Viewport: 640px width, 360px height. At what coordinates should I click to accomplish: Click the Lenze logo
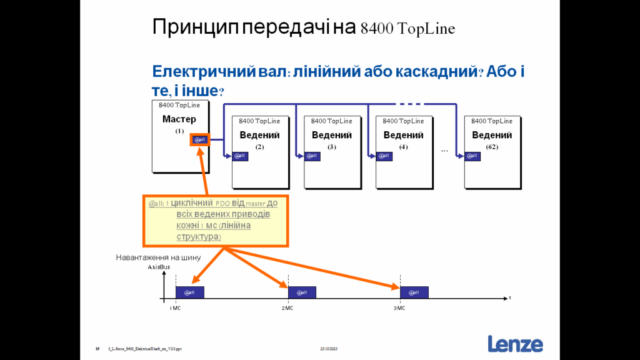click(x=515, y=344)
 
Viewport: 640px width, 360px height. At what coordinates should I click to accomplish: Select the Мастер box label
click(x=179, y=119)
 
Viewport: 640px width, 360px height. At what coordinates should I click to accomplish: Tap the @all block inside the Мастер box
click(x=200, y=139)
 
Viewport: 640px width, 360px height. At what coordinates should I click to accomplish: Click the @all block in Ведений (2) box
click(x=240, y=156)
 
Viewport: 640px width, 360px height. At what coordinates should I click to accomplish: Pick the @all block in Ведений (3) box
click(x=312, y=156)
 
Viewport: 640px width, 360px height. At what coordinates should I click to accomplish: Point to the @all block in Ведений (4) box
click(x=384, y=156)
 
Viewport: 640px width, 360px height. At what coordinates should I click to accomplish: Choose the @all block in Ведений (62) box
click(x=472, y=156)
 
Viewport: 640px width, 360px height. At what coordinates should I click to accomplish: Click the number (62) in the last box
click(x=492, y=147)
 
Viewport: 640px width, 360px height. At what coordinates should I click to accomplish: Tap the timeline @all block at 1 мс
click(x=189, y=292)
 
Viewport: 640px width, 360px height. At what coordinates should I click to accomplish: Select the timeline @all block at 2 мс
click(x=302, y=292)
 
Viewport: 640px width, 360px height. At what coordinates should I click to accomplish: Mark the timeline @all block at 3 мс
click(x=414, y=292)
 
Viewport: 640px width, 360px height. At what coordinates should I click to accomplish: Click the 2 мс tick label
click(x=287, y=308)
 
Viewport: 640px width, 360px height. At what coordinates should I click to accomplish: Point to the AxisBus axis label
click(x=159, y=267)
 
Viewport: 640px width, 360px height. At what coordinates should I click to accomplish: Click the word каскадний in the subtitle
click(x=434, y=71)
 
